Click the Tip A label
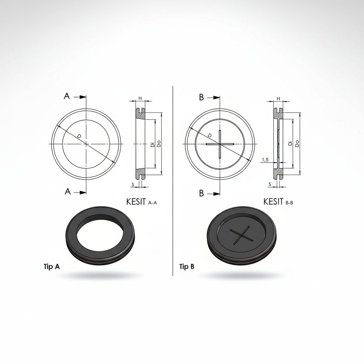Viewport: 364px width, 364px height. (52, 267)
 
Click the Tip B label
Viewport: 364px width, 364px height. (187, 267)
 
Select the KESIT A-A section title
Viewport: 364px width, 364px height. (141, 202)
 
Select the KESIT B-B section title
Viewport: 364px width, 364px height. (278, 202)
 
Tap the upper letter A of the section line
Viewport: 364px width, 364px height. (66, 96)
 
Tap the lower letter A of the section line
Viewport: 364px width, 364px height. (68, 192)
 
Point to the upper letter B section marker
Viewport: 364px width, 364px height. (201, 97)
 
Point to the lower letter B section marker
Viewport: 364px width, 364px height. (202, 193)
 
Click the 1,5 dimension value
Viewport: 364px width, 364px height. (265, 160)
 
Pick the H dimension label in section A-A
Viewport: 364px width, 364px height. (140, 98)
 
